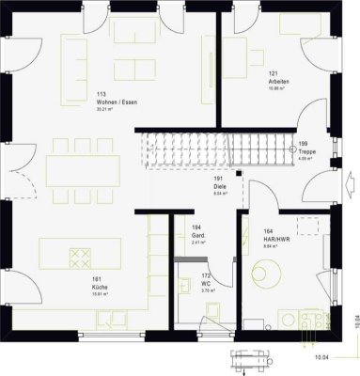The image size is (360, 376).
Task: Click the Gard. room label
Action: (x=197, y=234)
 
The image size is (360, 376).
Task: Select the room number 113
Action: (x=101, y=94)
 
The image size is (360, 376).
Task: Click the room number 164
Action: (x=268, y=231)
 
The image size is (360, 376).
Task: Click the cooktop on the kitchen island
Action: (x=79, y=258)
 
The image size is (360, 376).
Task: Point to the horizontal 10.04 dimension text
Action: (x=321, y=357)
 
